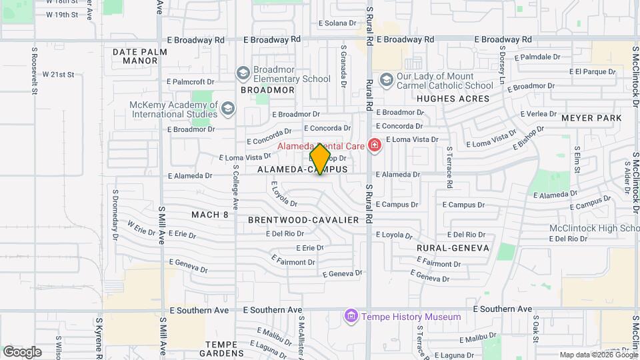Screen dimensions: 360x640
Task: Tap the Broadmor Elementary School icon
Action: tap(243, 73)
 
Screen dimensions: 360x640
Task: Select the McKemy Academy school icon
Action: tap(228, 109)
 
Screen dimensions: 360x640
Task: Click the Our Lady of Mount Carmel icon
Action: tap(386, 80)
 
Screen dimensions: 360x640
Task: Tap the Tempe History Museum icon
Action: tap(351, 316)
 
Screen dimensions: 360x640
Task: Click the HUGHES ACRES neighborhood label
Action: tap(453, 99)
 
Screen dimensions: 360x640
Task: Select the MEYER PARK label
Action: tap(591, 118)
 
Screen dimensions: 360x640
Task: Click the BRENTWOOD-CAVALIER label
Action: tap(303, 219)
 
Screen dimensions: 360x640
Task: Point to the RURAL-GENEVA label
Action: tap(453, 248)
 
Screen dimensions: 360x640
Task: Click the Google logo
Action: tap(22, 351)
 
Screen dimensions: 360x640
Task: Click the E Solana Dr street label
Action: tap(339, 23)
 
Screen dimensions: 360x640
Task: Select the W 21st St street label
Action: tap(59, 75)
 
